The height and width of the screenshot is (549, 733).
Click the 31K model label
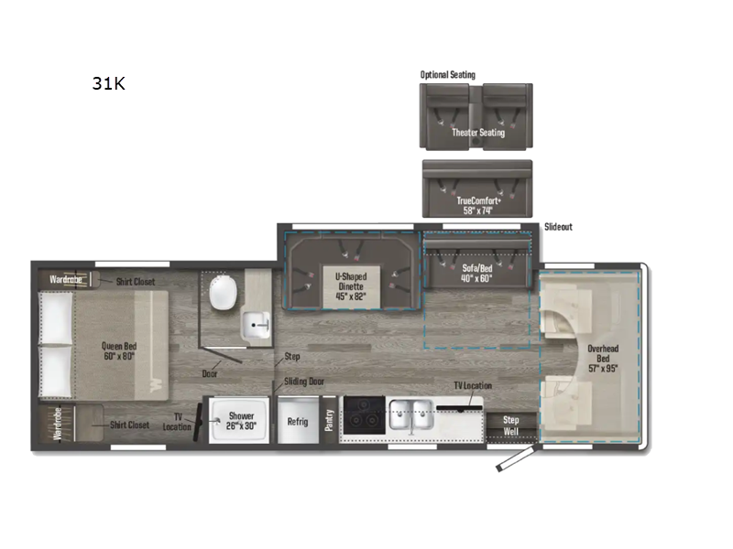click(x=107, y=84)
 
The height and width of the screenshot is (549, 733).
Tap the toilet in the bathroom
click(x=222, y=294)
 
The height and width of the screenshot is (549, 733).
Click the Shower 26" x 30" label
click(x=241, y=421)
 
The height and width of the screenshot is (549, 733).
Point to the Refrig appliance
click(x=298, y=421)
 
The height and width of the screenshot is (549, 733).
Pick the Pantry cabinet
click(x=329, y=420)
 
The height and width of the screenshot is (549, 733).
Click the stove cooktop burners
click(x=362, y=414)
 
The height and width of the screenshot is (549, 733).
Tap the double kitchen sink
click(x=410, y=415)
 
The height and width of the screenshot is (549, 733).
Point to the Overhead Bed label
click(x=602, y=353)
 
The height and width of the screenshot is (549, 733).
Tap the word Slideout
click(x=558, y=227)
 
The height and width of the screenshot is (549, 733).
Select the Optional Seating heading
click(x=447, y=75)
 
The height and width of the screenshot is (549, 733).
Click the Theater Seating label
click(x=477, y=133)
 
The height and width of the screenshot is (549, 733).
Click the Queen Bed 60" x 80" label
click(x=118, y=351)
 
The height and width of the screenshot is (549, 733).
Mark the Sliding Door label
click(x=303, y=382)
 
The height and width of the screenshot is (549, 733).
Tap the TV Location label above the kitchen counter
click(x=473, y=386)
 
